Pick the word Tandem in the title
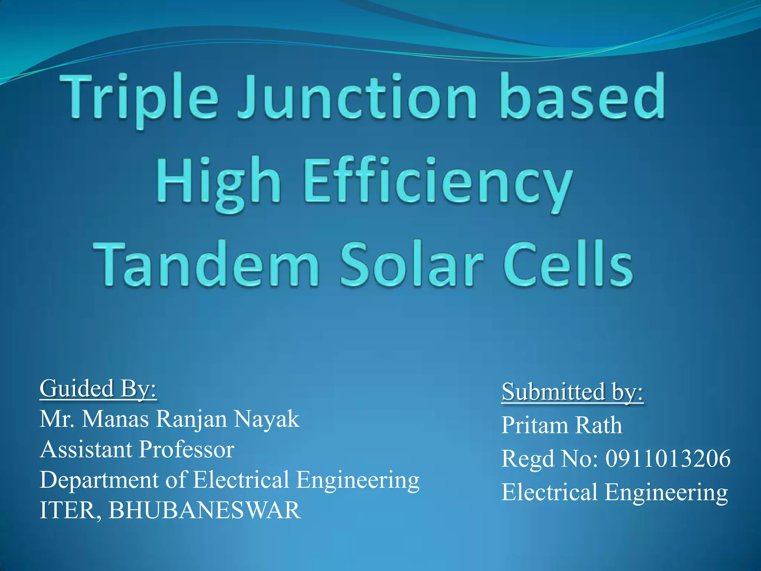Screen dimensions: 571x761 point(206,264)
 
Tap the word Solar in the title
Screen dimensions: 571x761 point(412,264)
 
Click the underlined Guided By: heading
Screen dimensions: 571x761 point(98,389)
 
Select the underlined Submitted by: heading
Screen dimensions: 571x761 point(572,392)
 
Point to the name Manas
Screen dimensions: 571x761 point(116,419)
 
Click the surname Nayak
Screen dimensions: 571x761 point(266,419)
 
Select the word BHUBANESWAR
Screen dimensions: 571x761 point(204,510)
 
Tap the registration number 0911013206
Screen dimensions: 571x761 point(668,458)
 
